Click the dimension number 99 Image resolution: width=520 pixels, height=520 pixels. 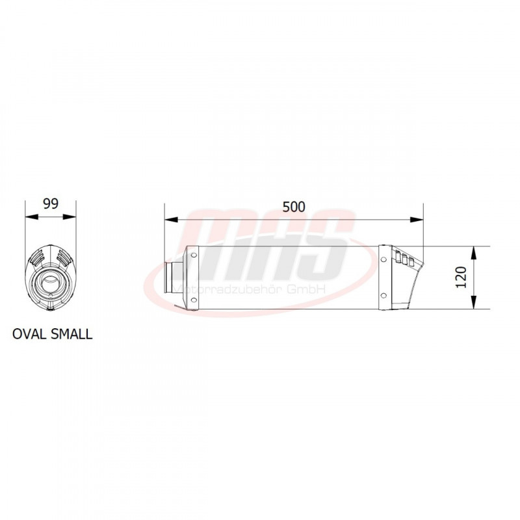click(51, 203)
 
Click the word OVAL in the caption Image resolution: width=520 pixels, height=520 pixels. click(29, 334)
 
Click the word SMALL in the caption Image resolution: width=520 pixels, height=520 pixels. click(71, 334)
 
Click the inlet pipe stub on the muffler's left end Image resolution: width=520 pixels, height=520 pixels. click(174, 278)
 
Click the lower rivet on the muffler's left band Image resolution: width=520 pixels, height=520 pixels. click(193, 300)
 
